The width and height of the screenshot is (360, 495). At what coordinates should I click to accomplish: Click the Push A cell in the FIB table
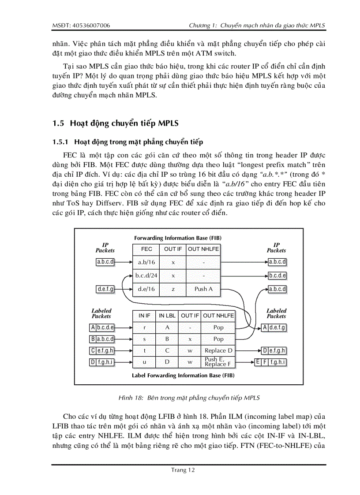coord(203,289)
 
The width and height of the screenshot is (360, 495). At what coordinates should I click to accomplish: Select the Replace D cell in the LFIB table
coord(218,350)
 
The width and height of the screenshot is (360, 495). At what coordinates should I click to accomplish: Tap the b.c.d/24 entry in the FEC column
coord(146,275)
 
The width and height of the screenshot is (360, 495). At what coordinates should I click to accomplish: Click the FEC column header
coord(146,249)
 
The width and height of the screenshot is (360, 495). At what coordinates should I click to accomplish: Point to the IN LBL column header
coord(167,316)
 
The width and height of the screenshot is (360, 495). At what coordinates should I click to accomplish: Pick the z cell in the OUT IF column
coord(173,289)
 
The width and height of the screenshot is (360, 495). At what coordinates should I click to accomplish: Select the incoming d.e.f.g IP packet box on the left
coord(105,289)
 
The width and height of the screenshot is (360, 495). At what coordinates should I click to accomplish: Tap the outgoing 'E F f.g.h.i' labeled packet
coord(270,362)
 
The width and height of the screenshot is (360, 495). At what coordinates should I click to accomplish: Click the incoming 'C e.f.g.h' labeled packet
coord(102,350)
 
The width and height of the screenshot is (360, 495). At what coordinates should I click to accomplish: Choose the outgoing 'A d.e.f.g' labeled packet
coord(274,328)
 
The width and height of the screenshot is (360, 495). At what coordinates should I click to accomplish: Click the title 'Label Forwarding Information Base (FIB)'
coord(183,376)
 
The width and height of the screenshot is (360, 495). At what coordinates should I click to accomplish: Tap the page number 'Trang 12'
coord(183,470)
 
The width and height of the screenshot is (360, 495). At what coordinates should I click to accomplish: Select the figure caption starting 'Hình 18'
coord(189,398)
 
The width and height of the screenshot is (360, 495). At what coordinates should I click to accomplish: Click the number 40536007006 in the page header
coord(91,25)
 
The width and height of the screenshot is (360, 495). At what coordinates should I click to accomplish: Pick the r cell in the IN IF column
coord(144,328)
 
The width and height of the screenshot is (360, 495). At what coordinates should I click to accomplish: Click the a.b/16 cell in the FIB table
coord(146,262)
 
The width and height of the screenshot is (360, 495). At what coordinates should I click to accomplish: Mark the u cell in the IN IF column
coord(144,362)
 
